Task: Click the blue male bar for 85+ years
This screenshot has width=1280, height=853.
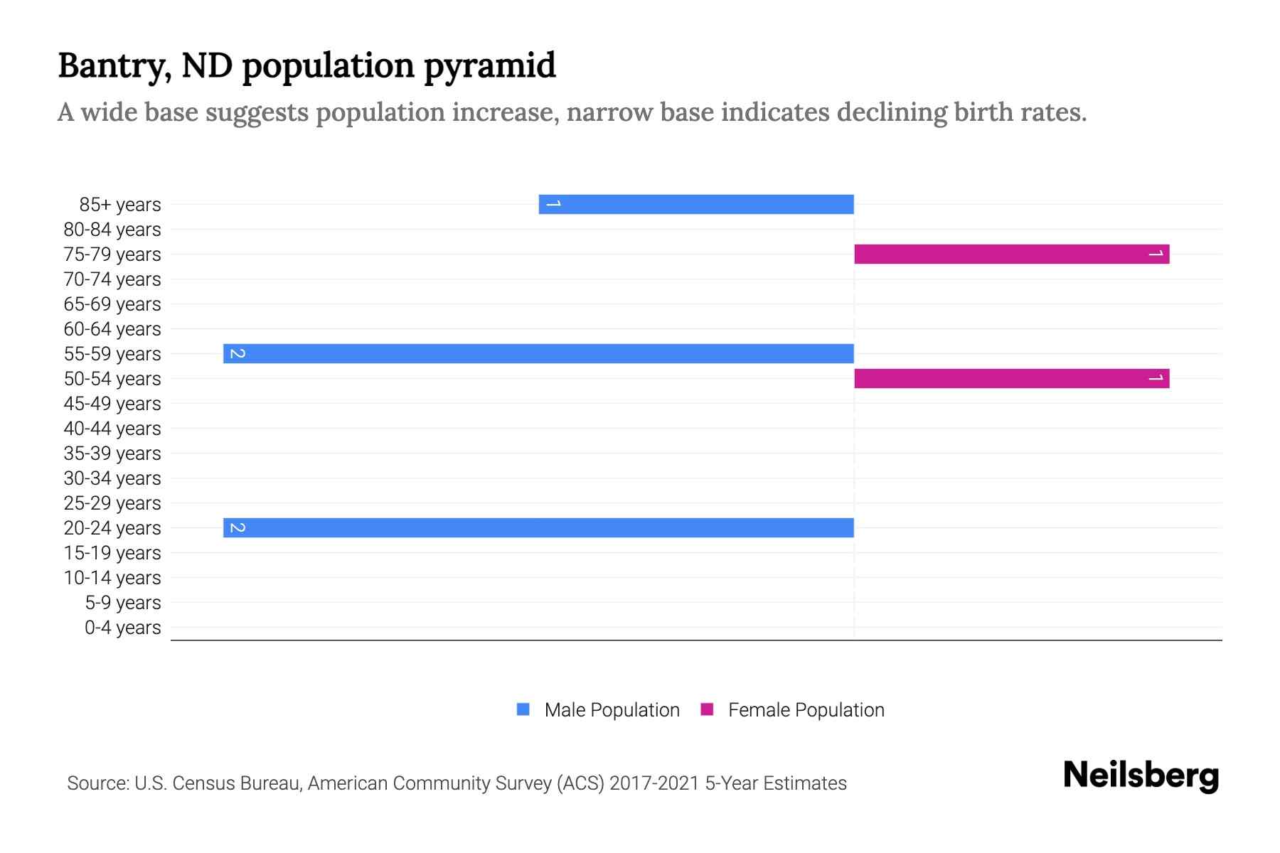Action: coord(697,204)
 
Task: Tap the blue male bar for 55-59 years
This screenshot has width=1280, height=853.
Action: coord(538,353)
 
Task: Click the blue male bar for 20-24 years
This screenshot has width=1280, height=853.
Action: coord(538,527)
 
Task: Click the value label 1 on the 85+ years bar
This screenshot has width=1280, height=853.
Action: coord(554,204)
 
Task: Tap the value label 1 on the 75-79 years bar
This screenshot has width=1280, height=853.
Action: coord(1156,254)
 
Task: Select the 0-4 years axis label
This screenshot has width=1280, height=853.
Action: coord(122,628)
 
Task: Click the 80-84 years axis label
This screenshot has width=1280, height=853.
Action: coord(112,230)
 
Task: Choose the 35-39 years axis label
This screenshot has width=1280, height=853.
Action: coord(112,454)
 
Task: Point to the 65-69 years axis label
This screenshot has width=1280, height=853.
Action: coord(112,304)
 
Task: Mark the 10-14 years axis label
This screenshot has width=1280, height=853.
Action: coord(112,578)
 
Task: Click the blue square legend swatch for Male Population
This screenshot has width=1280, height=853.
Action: coord(523,709)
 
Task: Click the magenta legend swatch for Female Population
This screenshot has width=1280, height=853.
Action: coord(707,709)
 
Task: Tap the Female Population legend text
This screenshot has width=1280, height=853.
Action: coord(806,710)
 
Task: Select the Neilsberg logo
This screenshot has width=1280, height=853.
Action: coord(1141,776)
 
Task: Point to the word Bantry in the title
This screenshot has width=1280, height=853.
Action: coord(114,66)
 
